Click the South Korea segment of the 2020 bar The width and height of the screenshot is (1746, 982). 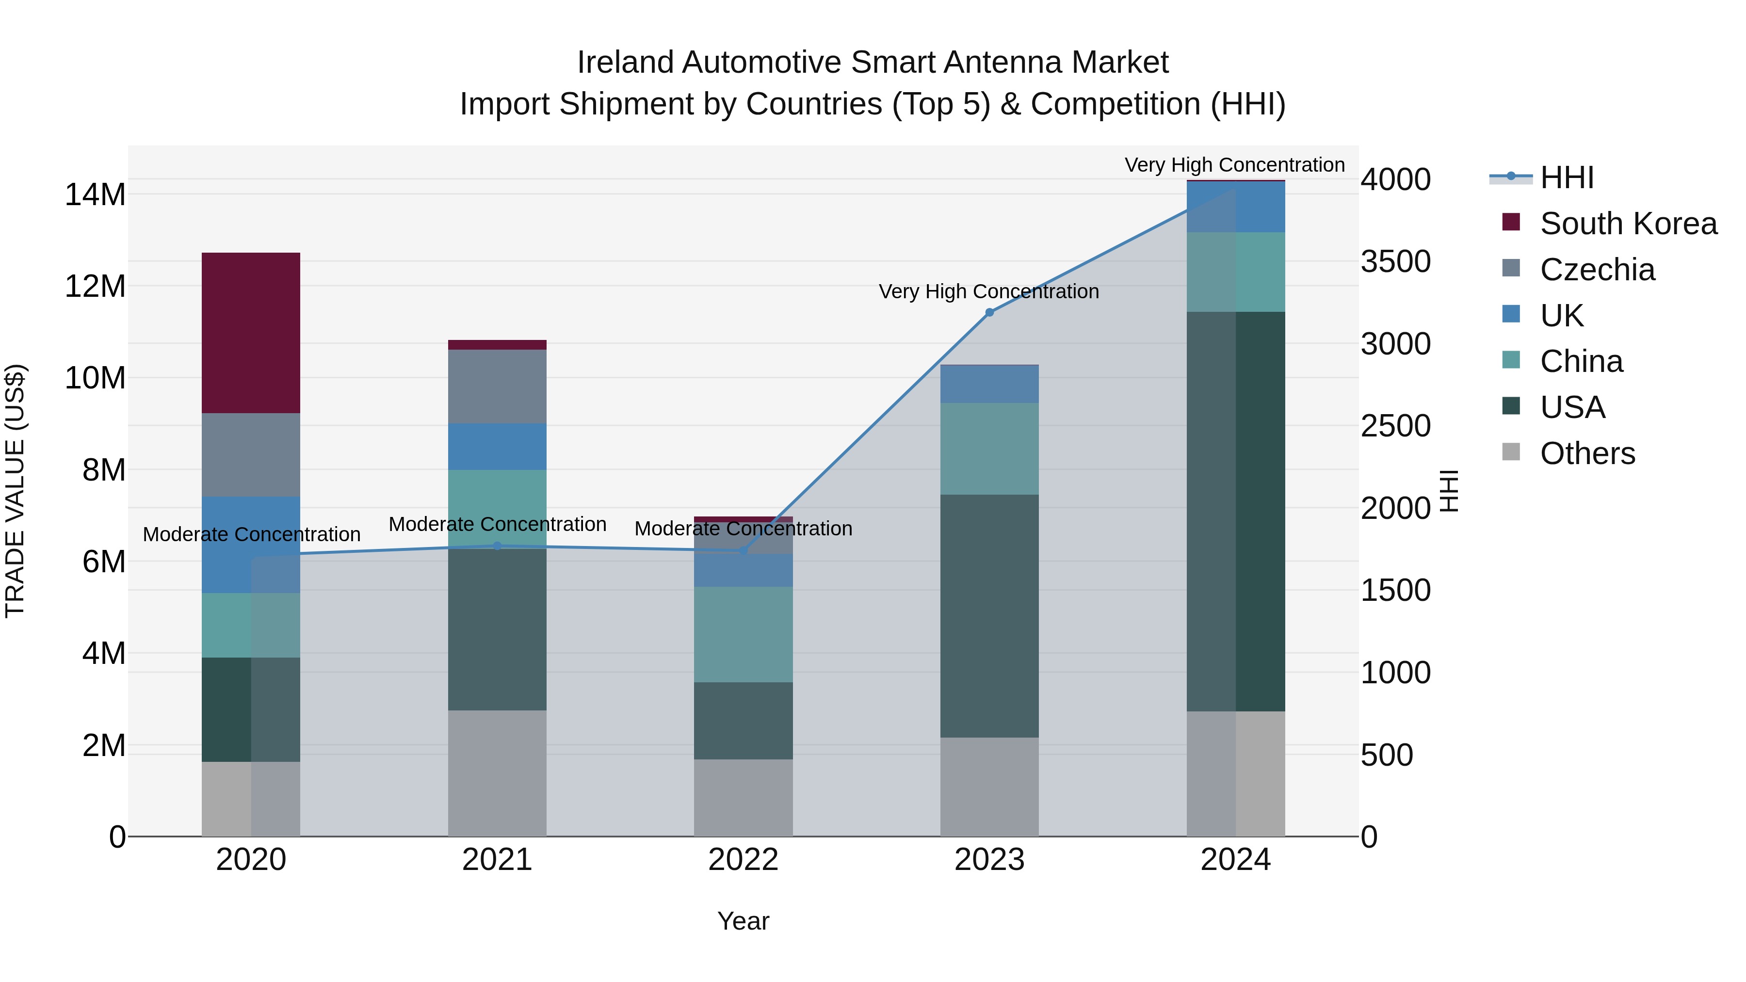pyautogui.click(x=251, y=333)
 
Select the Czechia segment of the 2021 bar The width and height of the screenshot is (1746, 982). pyautogui.click(x=497, y=386)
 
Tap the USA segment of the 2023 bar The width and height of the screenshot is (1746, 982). pyautogui.click(x=989, y=615)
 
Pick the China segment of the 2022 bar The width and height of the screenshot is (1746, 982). pyautogui.click(x=743, y=634)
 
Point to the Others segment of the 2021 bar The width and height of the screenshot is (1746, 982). pyautogui.click(x=497, y=773)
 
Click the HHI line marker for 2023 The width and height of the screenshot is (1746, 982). pyautogui.click(x=989, y=312)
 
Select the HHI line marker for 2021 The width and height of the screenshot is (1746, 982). pyautogui.click(x=497, y=546)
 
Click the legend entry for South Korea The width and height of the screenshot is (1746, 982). pyautogui.click(x=1628, y=224)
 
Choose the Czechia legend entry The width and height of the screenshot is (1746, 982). pyautogui.click(x=1597, y=270)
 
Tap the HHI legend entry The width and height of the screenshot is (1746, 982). pyautogui.click(x=1567, y=177)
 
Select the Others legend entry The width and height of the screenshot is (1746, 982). pyautogui.click(x=1587, y=453)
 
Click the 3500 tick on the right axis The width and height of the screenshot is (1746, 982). pyautogui.click(x=1395, y=261)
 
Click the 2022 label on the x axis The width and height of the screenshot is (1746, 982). pyautogui.click(x=743, y=860)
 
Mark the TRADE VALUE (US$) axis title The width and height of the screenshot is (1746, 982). pyautogui.click(x=15, y=491)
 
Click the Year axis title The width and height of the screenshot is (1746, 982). pyautogui.click(x=743, y=921)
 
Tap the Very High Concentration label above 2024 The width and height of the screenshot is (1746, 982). pyautogui.click(x=1234, y=165)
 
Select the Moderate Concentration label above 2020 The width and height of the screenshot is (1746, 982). pyautogui.click(x=251, y=534)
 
